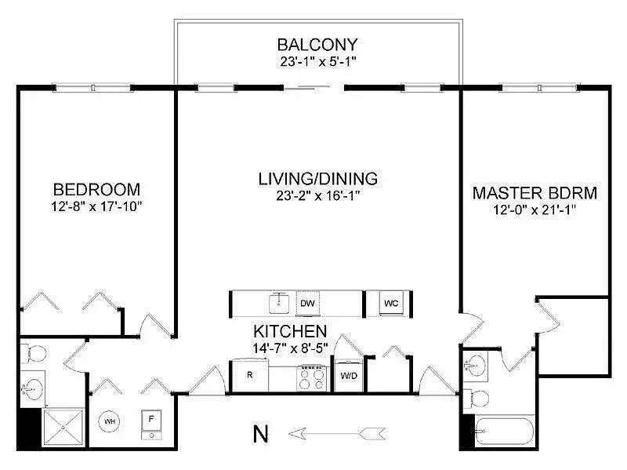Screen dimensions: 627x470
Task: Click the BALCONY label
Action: pyautogui.click(x=317, y=45)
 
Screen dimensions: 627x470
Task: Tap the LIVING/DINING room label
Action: pyautogui.click(x=318, y=179)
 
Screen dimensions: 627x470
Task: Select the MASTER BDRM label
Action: pyautogui.click(x=535, y=193)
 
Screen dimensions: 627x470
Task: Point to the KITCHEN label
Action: pyautogui.click(x=290, y=331)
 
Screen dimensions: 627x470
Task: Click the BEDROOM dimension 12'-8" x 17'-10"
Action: pyautogui.click(x=96, y=206)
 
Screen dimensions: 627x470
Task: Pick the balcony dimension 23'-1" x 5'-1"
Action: pyautogui.click(x=317, y=62)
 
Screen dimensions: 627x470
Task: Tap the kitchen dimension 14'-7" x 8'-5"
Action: pyautogui.click(x=290, y=348)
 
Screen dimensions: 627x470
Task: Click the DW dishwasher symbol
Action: pyautogui.click(x=307, y=304)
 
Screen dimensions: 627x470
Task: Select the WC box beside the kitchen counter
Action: pyautogui.click(x=391, y=304)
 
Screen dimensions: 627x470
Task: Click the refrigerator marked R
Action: pyautogui.click(x=250, y=375)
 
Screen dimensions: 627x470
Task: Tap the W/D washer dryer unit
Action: pyautogui.click(x=349, y=376)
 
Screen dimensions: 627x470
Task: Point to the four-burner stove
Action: pyautogui.click(x=312, y=378)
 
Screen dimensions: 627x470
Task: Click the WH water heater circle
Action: pyautogui.click(x=110, y=421)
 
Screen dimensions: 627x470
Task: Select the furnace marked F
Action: pyautogui.click(x=151, y=424)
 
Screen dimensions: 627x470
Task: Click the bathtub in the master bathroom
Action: pyautogui.click(x=504, y=432)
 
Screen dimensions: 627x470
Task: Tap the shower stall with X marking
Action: pyautogui.click(x=63, y=427)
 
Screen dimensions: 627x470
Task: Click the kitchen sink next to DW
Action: pyautogui.click(x=279, y=303)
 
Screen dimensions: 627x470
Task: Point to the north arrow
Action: pyautogui.click(x=337, y=433)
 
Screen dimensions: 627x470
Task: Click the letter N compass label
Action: pyautogui.click(x=261, y=434)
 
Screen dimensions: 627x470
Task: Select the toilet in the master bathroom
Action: pyautogui.click(x=477, y=399)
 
